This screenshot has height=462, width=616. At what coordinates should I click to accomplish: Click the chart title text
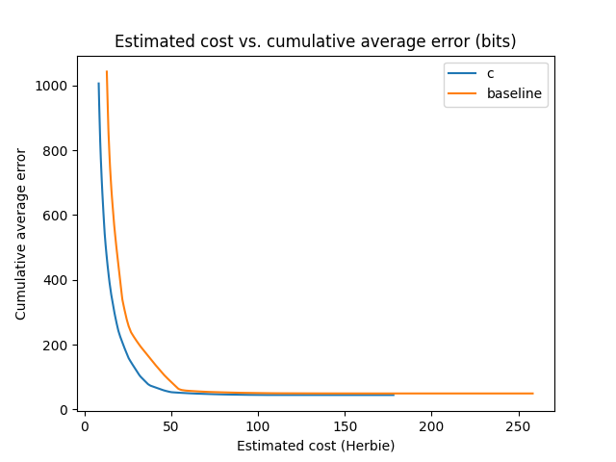pyautogui.click(x=315, y=41)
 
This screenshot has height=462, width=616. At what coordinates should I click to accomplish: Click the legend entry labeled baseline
pyautogui.click(x=514, y=94)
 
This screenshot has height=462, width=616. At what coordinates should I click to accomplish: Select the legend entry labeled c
pyautogui.click(x=491, y=74)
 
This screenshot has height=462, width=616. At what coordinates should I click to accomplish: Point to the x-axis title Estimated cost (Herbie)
pyautogui.click(x=315, y=446)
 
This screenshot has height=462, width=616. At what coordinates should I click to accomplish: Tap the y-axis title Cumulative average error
pyautogui.click(x=21, y=234)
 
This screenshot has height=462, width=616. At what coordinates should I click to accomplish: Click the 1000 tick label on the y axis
pyautogui.click(x=54, y=86)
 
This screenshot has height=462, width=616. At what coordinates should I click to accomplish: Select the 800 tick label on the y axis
pyautogui.click(x=57, y=151)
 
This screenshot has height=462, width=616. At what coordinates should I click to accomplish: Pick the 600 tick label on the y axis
pyautogui.click(x=57, y=216)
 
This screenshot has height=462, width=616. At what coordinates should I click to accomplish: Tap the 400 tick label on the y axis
pyautogui.click(x=57, y=280)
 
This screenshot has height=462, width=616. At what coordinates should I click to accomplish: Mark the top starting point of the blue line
pyautogui.click(x=98, y=83)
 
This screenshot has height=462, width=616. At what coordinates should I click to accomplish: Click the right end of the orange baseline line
pyautogui.click(x=532, y=394)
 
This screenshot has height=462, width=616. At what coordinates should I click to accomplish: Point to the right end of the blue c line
pyautogui.click(x=394, y=395)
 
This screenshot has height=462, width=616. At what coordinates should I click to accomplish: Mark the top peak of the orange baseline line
pyautogui.click(x=107, y=71)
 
